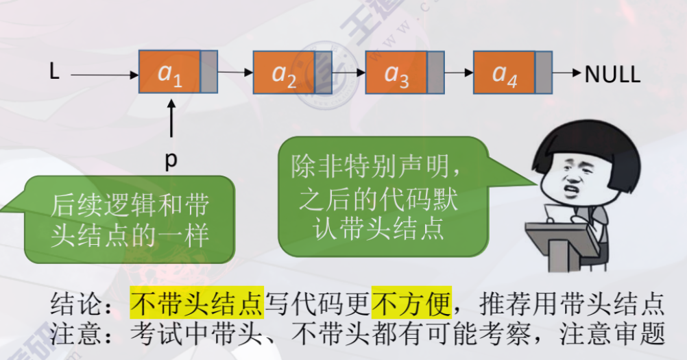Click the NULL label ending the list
(x=612, y=74)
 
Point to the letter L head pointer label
(x=54, y=72)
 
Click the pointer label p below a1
(x=171, y=160)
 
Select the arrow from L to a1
(x=103, y=73)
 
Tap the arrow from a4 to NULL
(x=566, y=73)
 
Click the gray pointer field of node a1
(x=208, y=71)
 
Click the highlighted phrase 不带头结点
(x=197, y=302)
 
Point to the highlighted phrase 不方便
(x=411, y=302)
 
